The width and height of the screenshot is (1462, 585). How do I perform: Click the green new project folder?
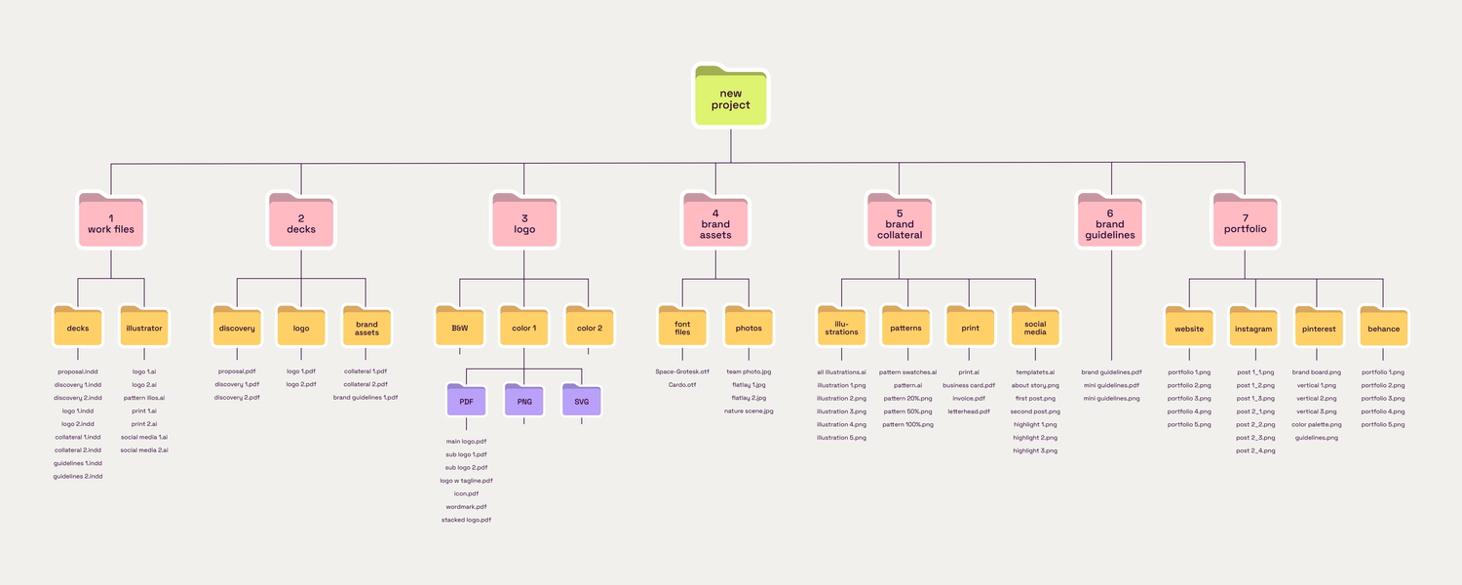pos(731,97)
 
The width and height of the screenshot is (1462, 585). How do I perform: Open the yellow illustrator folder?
pos(144,328)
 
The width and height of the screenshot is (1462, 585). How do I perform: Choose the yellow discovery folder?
pos(237,328)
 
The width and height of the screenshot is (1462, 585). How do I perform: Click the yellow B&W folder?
pos(459,328)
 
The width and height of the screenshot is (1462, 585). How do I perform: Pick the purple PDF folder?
pos(466,400)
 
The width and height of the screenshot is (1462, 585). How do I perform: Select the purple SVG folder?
pos(581,400)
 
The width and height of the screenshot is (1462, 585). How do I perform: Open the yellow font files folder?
pos(682,328)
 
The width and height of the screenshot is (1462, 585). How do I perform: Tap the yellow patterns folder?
pos(905,328)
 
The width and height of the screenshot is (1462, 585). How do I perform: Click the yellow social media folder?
pos(1035,328)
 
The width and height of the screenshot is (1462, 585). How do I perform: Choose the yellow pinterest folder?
pos(1319,328)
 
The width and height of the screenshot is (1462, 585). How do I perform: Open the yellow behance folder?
pos(1383,328)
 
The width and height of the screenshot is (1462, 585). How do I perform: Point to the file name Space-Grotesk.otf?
pos(682,371)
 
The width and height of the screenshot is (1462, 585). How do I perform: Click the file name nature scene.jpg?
pos(749,411)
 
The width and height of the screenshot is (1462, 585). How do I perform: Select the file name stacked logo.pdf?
pos(466,520)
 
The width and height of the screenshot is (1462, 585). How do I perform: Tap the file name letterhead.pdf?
pos(969,411)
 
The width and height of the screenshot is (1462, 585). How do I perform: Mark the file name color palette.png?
pos(1317,424)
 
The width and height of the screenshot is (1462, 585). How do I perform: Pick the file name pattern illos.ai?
pos(144,398)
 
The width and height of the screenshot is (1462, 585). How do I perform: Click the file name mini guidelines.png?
pos(1111,398)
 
